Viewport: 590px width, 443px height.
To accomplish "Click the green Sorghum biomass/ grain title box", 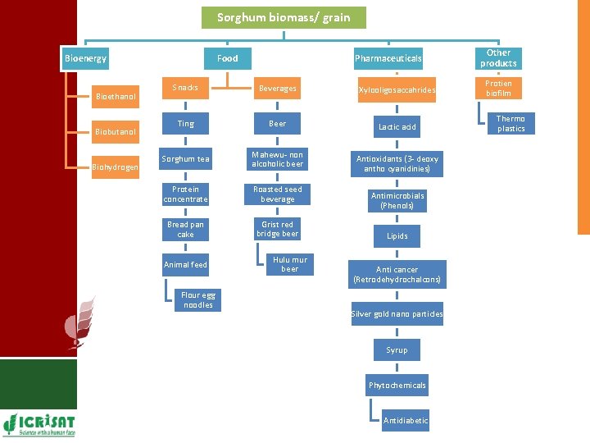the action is [284, 17].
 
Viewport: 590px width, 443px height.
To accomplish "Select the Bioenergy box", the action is [86, 58].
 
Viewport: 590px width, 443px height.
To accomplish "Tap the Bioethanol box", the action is [116, 97].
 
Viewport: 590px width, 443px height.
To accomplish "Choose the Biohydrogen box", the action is [116, 167].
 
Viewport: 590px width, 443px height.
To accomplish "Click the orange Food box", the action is [227, 58].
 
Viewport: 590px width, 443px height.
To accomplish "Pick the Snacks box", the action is [185, 88].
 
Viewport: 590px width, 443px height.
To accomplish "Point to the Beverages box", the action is [277, 88].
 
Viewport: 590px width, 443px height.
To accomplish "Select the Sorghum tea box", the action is [185, 159].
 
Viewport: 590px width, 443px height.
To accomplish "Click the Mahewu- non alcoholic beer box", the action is [277, 159].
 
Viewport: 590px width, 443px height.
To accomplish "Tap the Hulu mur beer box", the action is [289, 264].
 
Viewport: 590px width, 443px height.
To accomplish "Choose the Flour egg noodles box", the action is [197, 300].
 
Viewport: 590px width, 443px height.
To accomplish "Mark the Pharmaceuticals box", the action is [388, 58].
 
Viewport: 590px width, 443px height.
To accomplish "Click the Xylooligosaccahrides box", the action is [397, 90].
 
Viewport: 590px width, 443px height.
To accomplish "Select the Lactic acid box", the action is [397, 126].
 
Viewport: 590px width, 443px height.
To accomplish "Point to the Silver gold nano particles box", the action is [397, 314].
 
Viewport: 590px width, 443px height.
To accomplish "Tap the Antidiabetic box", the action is [406, 421].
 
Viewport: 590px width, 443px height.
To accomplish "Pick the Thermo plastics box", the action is [511, 124].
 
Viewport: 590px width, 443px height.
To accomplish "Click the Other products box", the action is [498, 58].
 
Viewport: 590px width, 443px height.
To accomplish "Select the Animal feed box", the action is [185, 264].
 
